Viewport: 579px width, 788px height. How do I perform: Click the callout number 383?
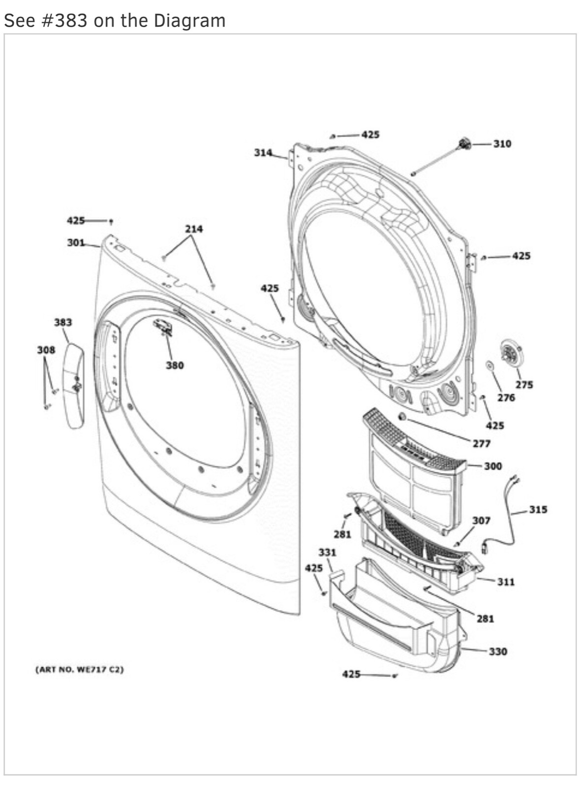[x=63, y=322]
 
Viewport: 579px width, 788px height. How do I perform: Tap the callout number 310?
[x=502, y=144]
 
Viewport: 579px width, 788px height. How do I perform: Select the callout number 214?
[x=194, y=229]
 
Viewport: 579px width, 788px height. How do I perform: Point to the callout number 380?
[x=175, y=365]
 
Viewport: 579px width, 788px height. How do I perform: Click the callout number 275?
[x=524, y=385]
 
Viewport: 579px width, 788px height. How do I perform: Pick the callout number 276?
[x=506, y=397]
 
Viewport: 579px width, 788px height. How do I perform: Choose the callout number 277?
[x=482, y=444]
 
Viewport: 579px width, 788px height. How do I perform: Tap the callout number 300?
[x=493, y=466]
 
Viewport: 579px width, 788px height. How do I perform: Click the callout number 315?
[x=538, y=509]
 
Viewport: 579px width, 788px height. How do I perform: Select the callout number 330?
[x=498, y=652]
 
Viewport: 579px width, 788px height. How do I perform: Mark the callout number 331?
[x=327, y=553]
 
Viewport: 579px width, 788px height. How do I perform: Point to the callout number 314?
[x=263, y=153]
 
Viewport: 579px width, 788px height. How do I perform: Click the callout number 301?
[x=76, y=242]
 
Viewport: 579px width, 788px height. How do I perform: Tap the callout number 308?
[x=46, y=350]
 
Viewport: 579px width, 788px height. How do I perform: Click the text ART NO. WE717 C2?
[x=79, y=670]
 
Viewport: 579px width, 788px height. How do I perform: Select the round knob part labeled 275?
[x=512, y=353]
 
